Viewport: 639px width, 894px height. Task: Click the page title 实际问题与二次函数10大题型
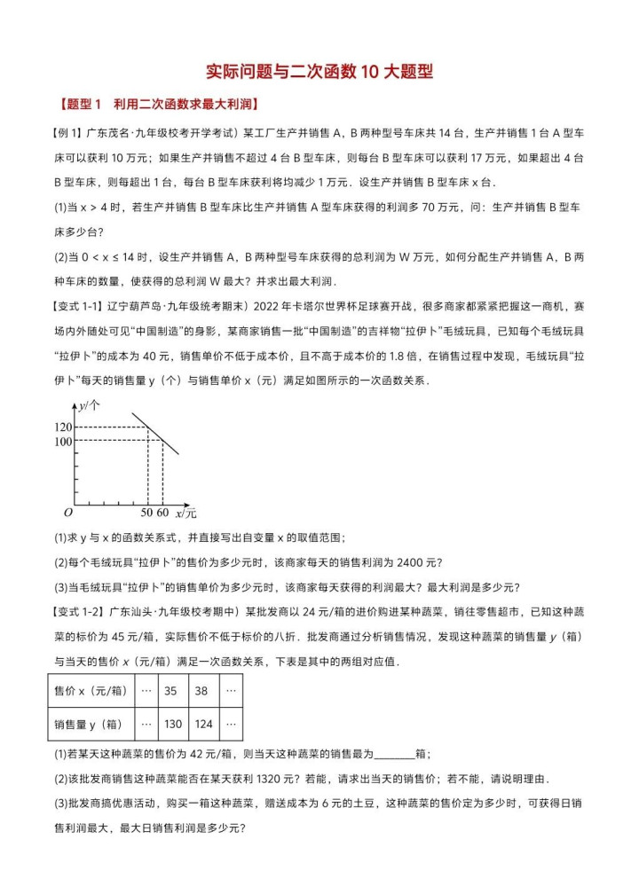click(319, 72)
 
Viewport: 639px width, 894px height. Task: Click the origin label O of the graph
click(67, 513)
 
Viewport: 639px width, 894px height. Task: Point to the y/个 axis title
click(90, 406)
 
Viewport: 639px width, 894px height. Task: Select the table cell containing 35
click(172, 691)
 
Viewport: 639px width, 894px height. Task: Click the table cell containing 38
click(203, 691)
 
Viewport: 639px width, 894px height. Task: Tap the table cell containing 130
click(172, 724)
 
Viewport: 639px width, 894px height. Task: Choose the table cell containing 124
click(203, 724)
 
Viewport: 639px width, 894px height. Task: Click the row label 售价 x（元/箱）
click(90, 691)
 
